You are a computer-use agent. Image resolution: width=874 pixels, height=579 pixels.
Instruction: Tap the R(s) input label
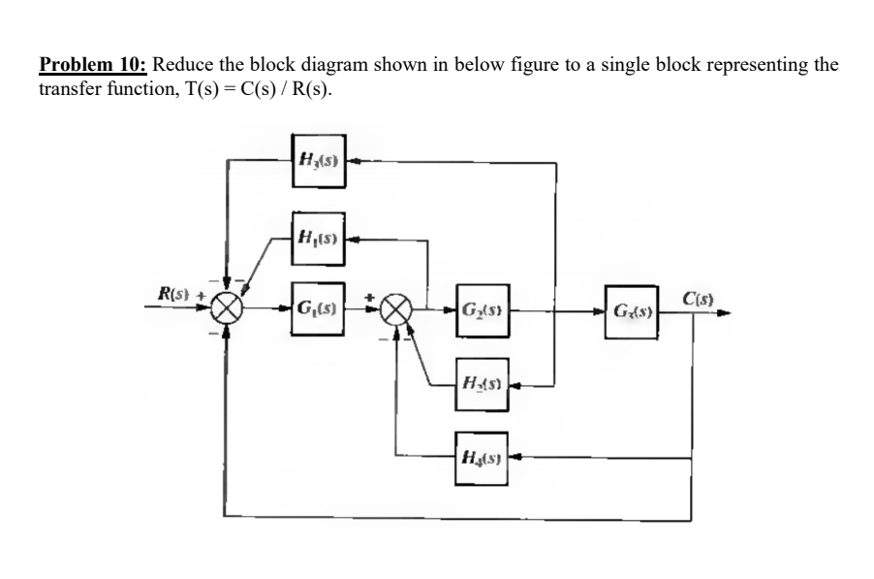pos(175,291)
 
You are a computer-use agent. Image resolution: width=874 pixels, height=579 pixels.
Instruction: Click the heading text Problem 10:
pos(93,66)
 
